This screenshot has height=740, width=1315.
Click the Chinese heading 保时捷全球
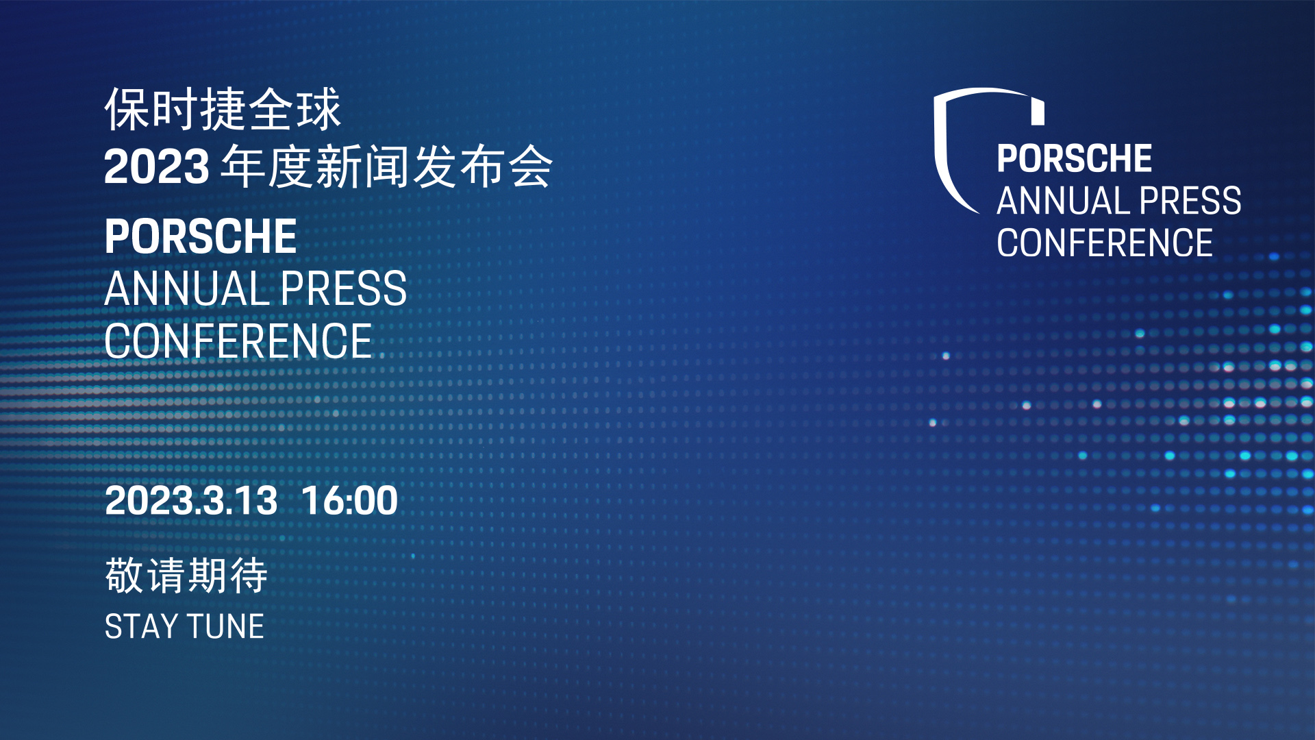pos(223,110)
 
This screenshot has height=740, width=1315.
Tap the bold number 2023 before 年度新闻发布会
pos(157,166)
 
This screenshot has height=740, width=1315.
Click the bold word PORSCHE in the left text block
pos(201,237)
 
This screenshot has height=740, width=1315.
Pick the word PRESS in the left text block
pos(344,288)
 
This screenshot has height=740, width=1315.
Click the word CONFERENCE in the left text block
pos(238,341)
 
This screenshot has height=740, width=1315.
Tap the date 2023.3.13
pos(191,500)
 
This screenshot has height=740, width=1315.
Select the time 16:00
pos(349,500)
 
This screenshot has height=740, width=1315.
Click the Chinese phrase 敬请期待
pos(186,575)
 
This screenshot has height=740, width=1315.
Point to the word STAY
pos(141,626)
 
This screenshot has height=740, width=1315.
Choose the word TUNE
pos(225,626)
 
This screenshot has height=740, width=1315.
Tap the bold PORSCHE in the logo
pos(1075,159)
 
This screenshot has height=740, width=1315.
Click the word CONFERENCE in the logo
pos(1105,243)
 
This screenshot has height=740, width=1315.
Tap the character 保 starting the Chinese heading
pos(127,110)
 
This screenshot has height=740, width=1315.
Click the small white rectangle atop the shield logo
pos(1038,112)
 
